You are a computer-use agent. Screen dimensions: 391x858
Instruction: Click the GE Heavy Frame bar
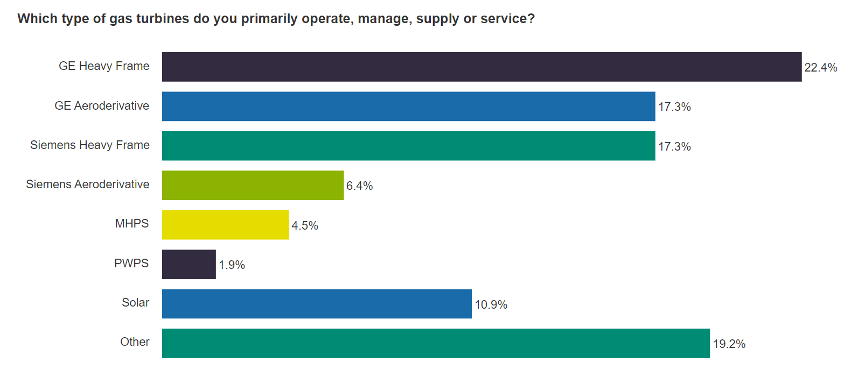point(482,67)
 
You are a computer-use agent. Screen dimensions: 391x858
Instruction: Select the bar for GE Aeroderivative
point(408,106)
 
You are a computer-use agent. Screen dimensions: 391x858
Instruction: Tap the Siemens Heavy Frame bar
point(408,146)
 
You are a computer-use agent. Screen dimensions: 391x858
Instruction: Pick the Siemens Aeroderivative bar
point(253,186)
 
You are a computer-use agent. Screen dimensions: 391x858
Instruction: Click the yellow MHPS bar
point(225,225)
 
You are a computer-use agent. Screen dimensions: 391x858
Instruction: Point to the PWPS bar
point(189,264)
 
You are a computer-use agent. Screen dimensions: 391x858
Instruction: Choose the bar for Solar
point(317,304)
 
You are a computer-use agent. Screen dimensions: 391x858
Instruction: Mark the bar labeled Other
point(436,343)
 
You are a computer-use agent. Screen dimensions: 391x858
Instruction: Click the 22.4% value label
point(820,68)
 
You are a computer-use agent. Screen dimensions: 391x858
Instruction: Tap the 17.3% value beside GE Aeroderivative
point(674,107)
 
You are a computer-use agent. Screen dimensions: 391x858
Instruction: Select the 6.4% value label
point(359,186)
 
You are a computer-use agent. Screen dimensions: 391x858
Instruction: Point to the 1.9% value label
point(232,265)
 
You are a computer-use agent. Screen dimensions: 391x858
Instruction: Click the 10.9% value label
point(491,305)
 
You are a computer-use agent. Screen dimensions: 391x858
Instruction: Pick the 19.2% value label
point(729,344)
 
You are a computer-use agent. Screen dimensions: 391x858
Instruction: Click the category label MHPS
point(132,224)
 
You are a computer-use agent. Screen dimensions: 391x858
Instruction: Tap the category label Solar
point(135,303)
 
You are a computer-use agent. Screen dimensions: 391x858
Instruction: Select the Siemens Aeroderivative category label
point(88,184)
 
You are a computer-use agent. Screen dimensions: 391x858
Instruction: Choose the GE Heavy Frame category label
point(104,66)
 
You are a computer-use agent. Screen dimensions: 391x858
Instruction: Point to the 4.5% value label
point(305,226)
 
